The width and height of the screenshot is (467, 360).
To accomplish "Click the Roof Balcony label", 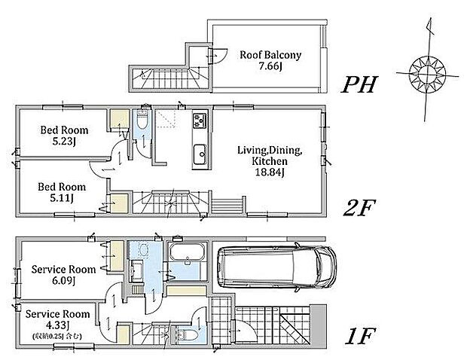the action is pos(270,55).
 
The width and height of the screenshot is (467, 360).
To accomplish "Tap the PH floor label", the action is pos(359,84).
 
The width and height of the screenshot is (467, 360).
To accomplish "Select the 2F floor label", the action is pos(358,208).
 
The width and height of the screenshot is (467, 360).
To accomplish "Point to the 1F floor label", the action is pos(360,336).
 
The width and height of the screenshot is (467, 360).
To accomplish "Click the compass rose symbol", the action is pos(427,73).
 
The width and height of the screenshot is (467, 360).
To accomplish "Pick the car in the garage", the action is pos(276,266).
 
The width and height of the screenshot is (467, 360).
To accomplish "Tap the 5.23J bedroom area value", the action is pos(64,141).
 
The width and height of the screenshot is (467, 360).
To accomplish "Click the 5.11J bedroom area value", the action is pos(62,198).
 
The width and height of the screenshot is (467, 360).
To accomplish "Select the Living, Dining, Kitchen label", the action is pos(270,155).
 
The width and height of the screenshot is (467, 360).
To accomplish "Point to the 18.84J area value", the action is pos(270,172).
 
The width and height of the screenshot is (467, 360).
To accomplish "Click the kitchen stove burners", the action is pos(200,120).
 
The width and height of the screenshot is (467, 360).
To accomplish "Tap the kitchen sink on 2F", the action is pos(200,154).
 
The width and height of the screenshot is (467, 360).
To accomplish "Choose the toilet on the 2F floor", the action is pos(142,120).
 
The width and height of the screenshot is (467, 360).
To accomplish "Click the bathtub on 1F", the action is pos(187,252).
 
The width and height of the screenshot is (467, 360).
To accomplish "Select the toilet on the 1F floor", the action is pos(188,335).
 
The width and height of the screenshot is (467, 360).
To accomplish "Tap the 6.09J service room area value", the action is pos(63,281).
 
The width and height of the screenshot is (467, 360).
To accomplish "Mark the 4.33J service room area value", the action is pos(57,325).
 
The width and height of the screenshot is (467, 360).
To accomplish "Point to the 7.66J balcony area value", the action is pos(270,66).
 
